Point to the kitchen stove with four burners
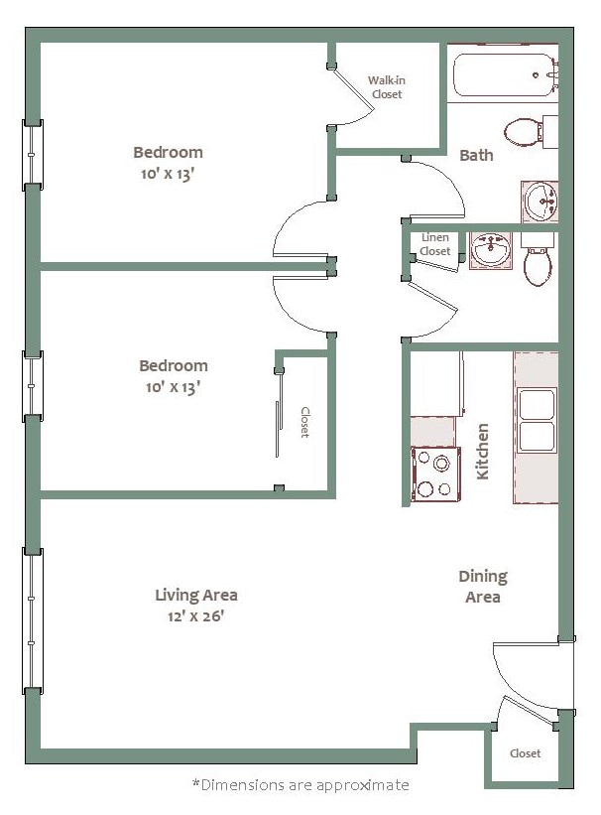[435, 474]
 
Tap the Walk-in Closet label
[386, 87]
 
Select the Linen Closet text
[434, 244]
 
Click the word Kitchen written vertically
[483, 452]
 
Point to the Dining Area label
[483, 587]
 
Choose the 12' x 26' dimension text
[195, 615]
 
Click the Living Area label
[195, 596]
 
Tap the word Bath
[476, 155]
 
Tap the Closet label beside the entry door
[525, 753]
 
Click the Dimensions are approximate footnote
[300, 785]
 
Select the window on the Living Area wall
[34, 619]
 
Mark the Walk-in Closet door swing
[353, 99]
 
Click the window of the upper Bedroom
[34, 153]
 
